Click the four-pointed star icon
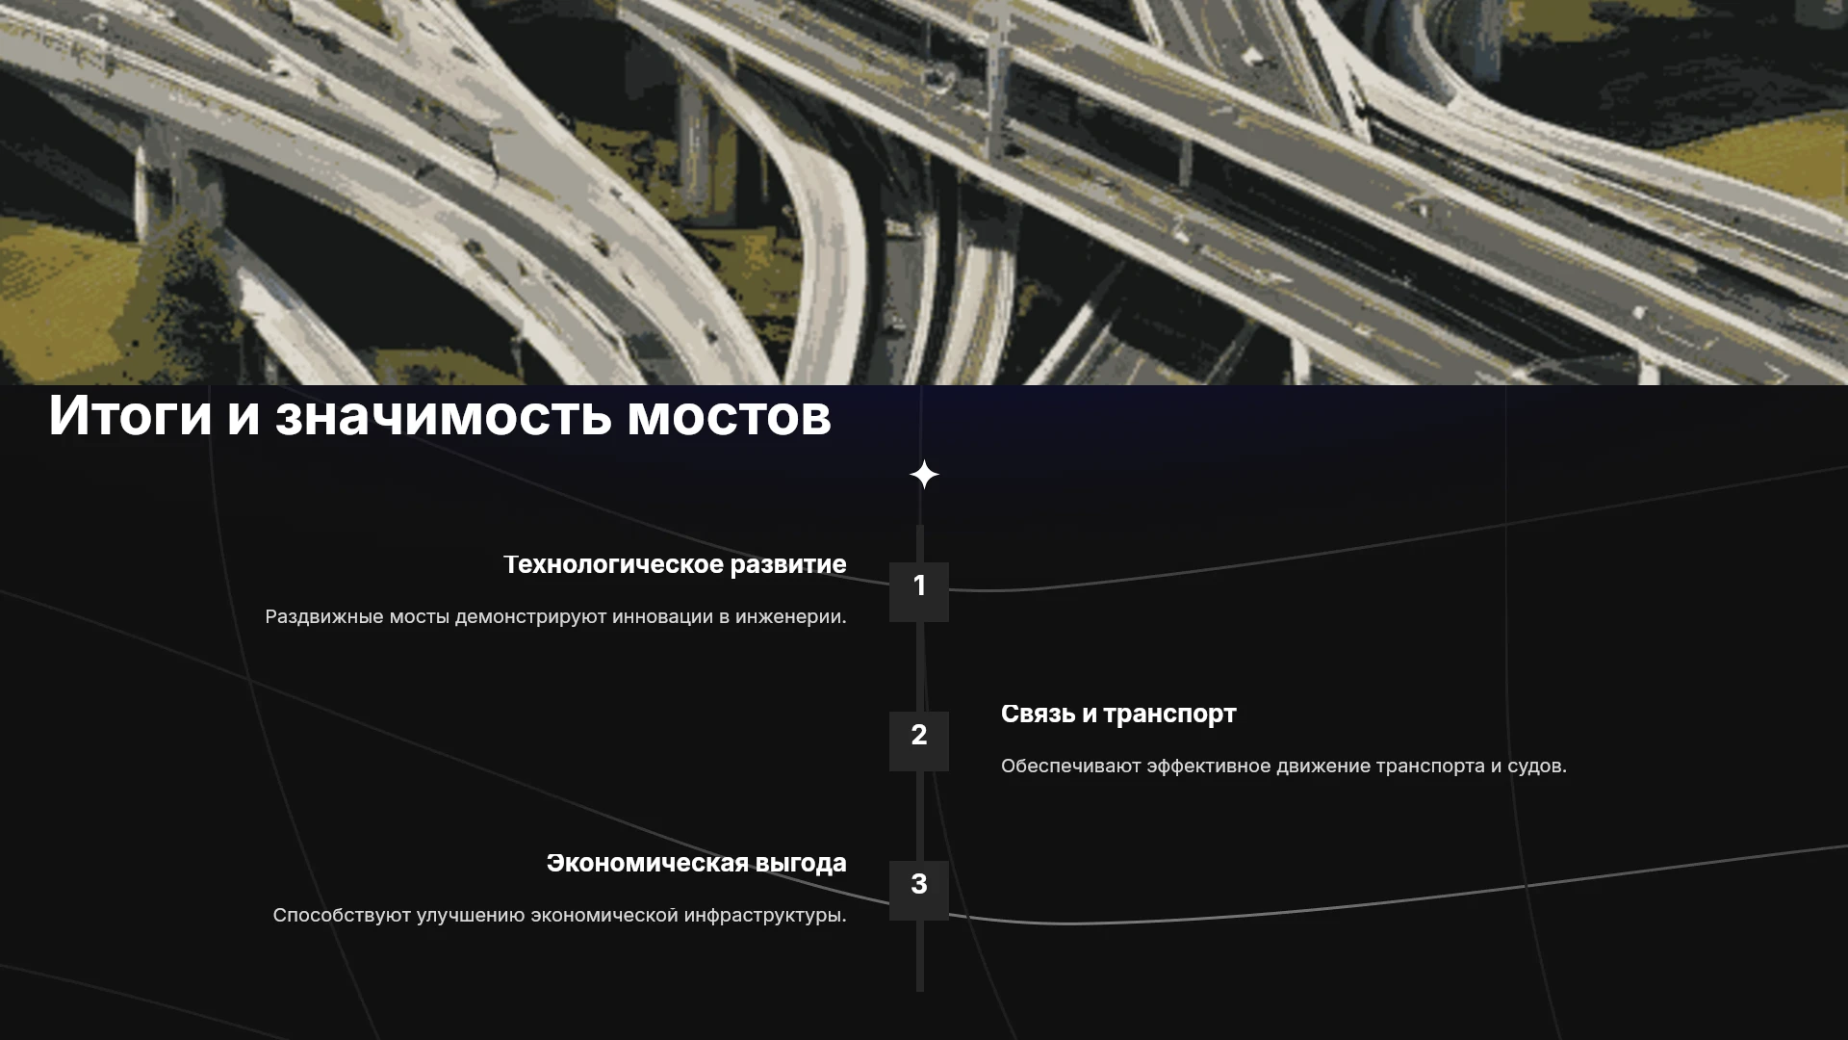[924, 475]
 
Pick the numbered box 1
[919, 591]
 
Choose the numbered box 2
[919, 741]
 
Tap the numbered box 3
[919, 890]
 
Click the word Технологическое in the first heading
[614, 565]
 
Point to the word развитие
[788, 565]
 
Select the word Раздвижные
[324, 617]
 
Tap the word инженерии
[791, 617]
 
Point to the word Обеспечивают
[1070, 767]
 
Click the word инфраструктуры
[765, 916]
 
